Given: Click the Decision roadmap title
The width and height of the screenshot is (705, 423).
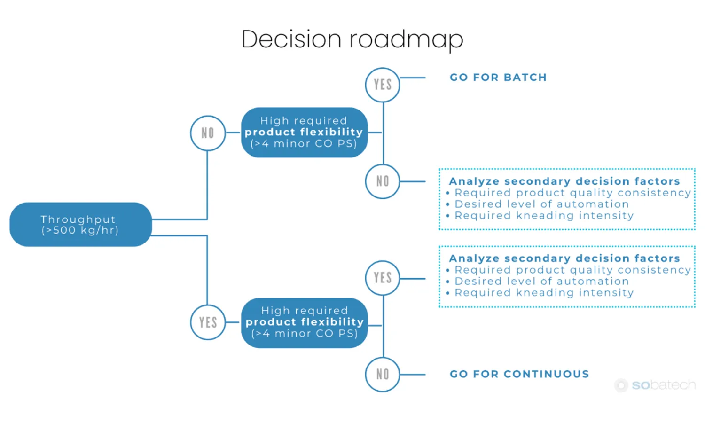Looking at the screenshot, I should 352,39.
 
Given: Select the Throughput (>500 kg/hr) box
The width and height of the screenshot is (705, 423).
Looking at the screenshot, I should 80,225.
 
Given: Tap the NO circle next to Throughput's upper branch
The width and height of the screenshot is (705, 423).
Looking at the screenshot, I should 208,133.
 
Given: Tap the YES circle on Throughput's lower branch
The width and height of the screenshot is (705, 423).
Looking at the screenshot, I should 208,322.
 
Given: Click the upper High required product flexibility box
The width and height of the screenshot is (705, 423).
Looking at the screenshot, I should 304,133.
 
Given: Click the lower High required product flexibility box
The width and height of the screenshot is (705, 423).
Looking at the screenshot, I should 304,322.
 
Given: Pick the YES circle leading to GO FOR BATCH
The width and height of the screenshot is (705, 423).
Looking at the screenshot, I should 383,85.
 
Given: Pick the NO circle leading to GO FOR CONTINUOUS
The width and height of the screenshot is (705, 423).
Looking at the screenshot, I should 383,375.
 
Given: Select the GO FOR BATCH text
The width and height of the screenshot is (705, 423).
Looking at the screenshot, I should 498,78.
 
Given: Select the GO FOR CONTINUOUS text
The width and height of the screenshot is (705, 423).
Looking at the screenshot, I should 519,374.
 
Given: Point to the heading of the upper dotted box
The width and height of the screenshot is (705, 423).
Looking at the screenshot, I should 564,181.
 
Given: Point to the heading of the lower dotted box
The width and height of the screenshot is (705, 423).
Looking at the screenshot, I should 564,258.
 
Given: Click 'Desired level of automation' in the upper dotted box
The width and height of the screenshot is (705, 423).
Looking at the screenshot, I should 541,204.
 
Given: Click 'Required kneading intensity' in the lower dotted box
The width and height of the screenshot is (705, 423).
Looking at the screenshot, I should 544,293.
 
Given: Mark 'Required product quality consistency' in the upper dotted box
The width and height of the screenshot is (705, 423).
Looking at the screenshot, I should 572,193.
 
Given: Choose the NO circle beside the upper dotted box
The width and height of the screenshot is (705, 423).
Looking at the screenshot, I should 383,181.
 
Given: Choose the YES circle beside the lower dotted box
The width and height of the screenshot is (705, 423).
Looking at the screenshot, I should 383,278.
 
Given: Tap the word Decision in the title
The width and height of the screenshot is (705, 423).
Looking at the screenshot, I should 291,39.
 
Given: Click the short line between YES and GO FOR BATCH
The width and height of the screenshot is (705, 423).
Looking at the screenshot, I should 413,78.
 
